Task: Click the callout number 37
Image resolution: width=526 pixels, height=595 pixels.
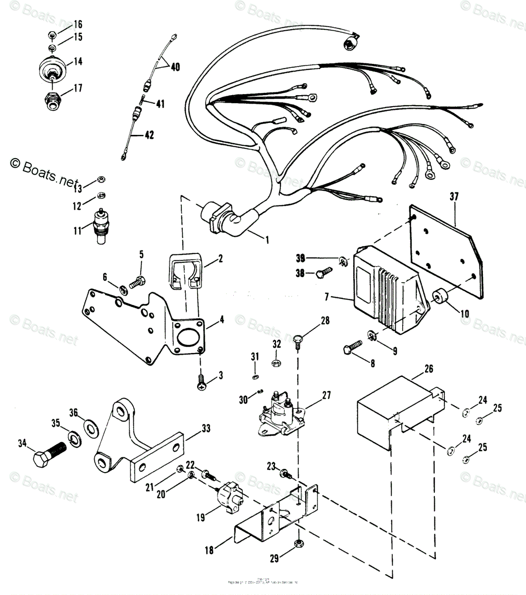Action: (x=454, y=197)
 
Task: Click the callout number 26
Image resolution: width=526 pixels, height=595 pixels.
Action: (x=429, y=368)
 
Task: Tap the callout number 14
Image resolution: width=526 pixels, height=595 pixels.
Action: (x=78, y=61)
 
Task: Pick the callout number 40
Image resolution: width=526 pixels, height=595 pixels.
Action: (x=175, y=66)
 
